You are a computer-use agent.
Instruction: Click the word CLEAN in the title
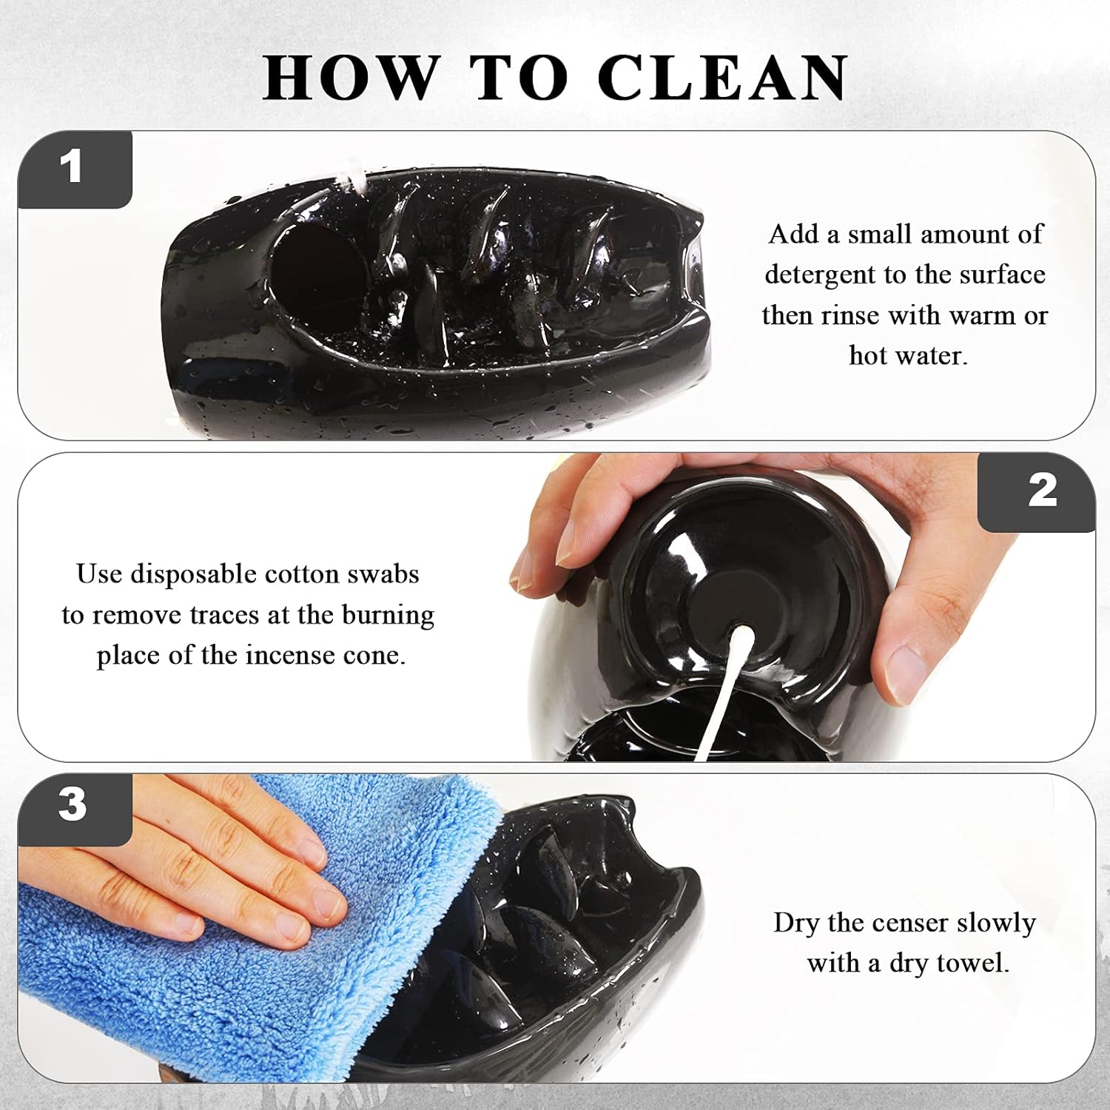pyautogui.click(x=722, y=77)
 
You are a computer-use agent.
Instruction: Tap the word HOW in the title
pyautogui.click(x=351, y=77)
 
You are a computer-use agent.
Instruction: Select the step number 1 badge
pyautogui.click(x=75, y=169)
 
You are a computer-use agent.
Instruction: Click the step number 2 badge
pyautogui.click(x=1037, y=491)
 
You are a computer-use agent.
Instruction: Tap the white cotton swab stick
pyautogui.click(x=721, y=688)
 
